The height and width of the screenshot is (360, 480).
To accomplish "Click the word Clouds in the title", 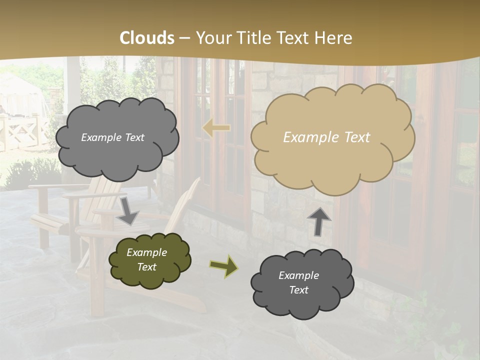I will [147, 38].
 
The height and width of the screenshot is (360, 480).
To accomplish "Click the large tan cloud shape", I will [332, 150].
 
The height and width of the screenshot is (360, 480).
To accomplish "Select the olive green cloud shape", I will [149, 260].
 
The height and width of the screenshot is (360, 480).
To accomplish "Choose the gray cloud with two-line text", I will [301, 283].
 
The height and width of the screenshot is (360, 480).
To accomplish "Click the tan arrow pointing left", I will [216, 128].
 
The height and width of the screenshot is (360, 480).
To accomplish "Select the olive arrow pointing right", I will [224, 266].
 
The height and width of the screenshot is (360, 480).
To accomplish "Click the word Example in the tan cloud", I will [306, 137].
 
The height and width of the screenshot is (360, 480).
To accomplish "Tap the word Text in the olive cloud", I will [147, 267].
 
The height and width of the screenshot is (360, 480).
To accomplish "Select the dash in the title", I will [184, 38].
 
